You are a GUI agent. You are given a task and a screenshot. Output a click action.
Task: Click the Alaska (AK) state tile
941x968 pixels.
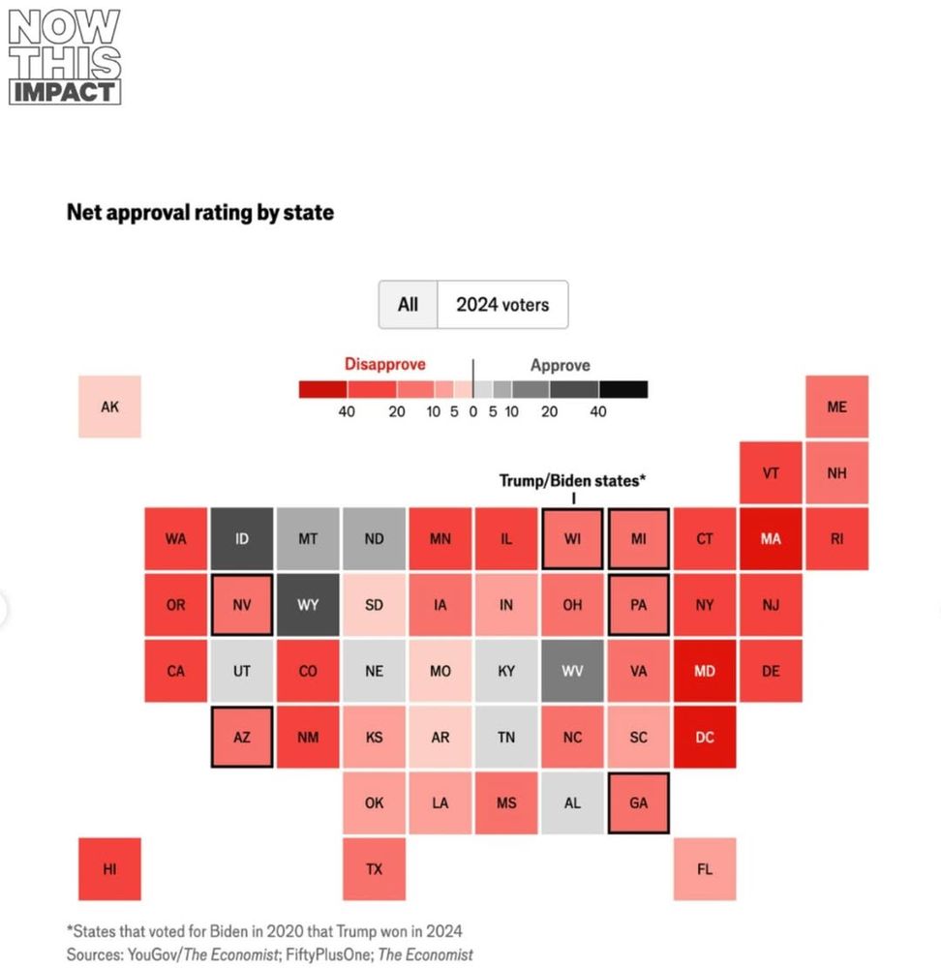(x=110, y=407)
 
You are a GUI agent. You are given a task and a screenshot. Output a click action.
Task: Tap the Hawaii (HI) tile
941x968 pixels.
(x=110, y=868)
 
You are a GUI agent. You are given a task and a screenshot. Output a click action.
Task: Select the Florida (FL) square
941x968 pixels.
(x=705, y=868)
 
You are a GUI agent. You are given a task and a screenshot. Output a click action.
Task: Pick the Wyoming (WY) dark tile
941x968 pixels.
(x=308, y=605)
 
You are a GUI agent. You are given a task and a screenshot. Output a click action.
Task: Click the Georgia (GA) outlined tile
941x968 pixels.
(x=639, y=802)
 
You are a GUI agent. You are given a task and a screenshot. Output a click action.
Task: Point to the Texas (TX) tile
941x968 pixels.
(x=374, y=868)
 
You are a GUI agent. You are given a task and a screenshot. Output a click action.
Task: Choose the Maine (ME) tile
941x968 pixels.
(x=836, y=407)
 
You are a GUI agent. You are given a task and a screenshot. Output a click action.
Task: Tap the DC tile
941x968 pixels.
(x=705, y=737)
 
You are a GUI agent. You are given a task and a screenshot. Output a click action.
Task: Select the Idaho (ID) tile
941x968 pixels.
(x=242, y=539)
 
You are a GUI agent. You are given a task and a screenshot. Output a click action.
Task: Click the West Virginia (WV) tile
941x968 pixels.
(x=572, y=671)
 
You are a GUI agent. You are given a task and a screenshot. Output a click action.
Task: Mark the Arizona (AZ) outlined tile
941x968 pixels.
(x=242, y=737)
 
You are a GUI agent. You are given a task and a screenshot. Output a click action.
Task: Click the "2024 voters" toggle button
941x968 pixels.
(x=502, y=305)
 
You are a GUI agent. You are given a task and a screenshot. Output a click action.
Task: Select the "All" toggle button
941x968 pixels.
(x=409, y=305)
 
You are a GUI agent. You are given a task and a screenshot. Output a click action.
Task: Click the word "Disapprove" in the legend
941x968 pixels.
(x=385, y=365)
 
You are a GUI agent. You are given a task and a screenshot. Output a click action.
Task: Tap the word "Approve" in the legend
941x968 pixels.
(x=560, y=366)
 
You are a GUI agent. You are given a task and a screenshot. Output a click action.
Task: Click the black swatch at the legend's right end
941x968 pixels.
(x=623, y=389)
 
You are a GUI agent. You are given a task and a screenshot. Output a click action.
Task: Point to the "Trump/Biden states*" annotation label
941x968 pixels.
(x=572, y=480)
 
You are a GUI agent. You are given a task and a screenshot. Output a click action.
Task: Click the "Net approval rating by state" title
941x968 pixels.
(x=200, y=212)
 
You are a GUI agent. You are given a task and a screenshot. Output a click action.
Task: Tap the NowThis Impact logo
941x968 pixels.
(x=64, y=57)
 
